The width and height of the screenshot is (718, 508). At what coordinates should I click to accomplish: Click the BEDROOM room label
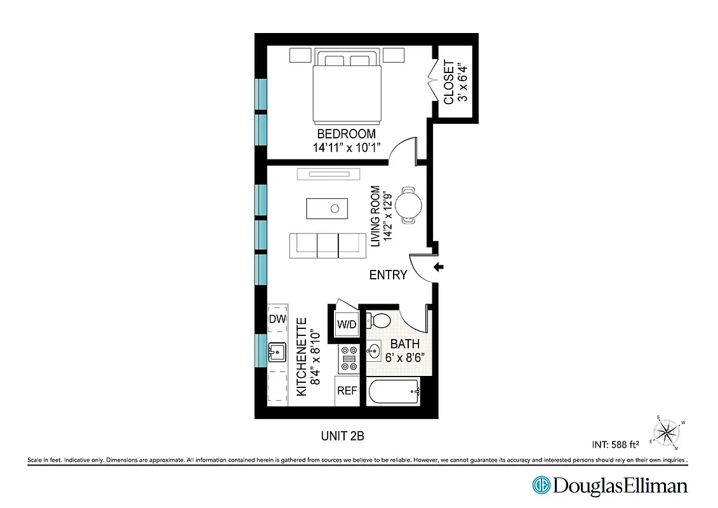(x=346, y=134)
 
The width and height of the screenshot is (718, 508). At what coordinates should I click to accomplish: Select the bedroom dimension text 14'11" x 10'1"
(x=346, y=147)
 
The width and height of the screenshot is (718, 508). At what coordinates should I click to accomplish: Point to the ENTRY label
(x=388, y=275)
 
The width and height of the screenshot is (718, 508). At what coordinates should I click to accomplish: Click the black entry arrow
(x=438, y=267)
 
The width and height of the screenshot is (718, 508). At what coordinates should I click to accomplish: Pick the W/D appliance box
(x=347, y=324)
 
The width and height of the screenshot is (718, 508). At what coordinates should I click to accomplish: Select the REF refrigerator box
(x=347, y=391)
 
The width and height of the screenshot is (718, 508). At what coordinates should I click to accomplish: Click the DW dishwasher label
(x=277, y=319)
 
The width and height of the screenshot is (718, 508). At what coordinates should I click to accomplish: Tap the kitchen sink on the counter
(x=277, y=351)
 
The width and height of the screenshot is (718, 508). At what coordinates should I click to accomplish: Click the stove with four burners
(x=349, y=357)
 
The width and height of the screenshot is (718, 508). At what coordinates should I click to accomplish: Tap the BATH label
(x=405, y=344)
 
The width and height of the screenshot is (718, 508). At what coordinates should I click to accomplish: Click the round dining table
(x=408, y=204)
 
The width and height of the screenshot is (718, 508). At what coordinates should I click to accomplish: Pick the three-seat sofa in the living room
(x=328, y=245)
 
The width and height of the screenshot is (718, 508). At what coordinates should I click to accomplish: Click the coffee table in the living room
(x=327, y=208)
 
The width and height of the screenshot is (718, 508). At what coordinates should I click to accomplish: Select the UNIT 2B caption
(x=343, y=436)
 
